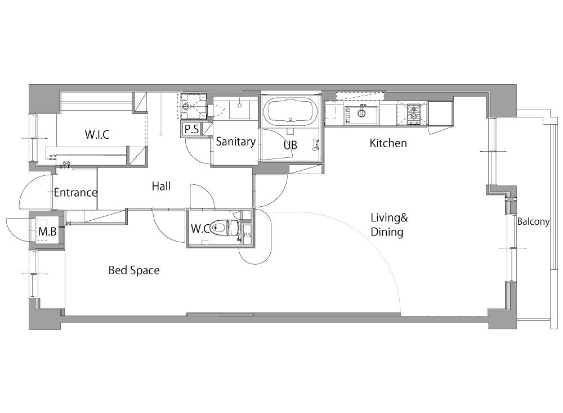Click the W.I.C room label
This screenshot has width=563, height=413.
(97, 134)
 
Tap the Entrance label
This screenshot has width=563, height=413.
(75, 193)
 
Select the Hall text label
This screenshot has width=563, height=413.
(161, 186)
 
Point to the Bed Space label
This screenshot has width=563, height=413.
(134, 270)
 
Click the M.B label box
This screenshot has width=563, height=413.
(47, 232)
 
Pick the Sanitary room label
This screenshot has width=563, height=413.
(235, 142)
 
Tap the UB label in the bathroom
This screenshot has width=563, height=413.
(290, 145)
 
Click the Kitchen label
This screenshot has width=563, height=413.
(388, 143)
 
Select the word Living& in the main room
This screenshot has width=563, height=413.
(389, 217)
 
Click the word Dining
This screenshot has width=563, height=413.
(387, 232)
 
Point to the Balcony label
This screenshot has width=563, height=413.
(533, 221)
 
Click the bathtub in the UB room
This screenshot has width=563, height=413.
(291, 111)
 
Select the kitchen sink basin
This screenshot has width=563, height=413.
(361, 115)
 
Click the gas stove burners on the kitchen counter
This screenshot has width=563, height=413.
(413, 112)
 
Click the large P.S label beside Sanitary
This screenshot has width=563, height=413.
(191, 129)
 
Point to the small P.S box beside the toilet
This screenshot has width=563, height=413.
(247, 235)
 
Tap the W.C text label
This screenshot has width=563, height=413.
(200, 229)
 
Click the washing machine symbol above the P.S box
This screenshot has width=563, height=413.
(193, 106)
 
